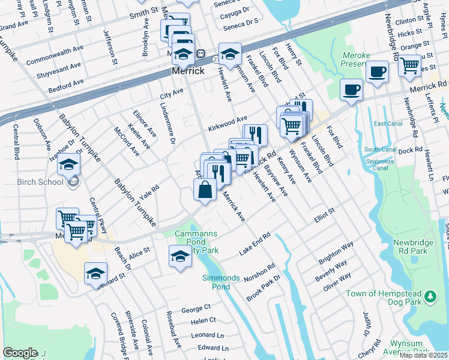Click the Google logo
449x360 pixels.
pos(20,353)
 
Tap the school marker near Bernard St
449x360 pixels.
pos(95,274)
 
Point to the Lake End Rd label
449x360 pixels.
pos(255,244)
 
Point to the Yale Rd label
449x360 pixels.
pos(149,191)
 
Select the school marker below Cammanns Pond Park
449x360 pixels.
pos(180,256)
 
